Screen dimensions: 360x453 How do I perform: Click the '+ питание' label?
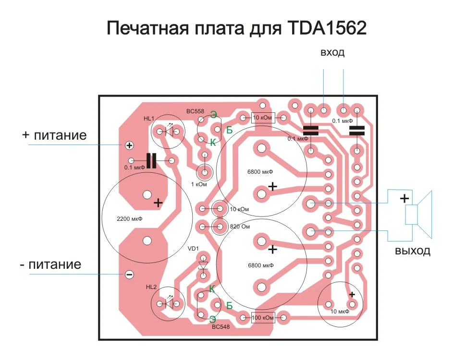54,135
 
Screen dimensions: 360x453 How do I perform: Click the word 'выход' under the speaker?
413,251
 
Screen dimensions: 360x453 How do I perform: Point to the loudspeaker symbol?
418,214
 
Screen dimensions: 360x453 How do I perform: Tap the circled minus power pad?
129,274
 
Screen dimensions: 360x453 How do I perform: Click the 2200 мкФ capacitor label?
129,218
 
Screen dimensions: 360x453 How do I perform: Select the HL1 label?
149,119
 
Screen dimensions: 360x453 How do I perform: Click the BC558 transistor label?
195,111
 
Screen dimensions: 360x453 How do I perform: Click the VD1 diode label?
193,249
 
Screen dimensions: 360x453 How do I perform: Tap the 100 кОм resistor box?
262,317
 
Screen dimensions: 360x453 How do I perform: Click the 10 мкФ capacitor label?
340,312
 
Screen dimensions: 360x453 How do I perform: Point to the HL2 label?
151,287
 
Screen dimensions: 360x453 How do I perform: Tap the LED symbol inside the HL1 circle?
169,132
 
